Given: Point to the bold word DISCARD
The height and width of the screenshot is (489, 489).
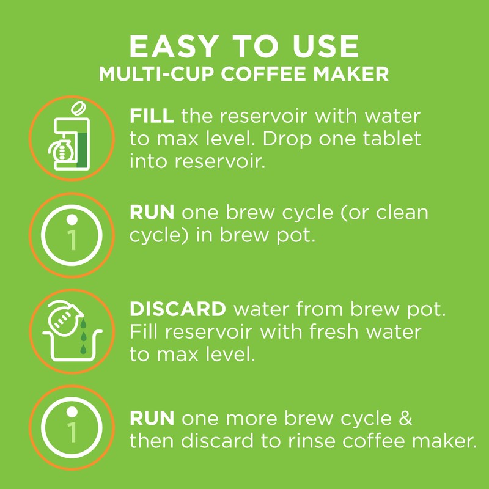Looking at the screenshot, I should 177,309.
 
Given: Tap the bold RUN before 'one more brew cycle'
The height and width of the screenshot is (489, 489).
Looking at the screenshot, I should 152,419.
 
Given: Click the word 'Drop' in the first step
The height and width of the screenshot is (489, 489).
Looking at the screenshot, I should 295,138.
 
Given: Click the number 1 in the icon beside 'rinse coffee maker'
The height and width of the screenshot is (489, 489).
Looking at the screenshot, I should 73,431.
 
